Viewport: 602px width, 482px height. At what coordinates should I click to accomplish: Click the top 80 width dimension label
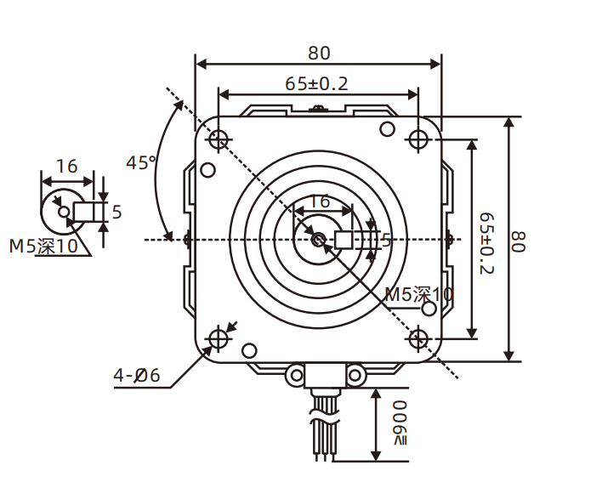(x=319, y=53)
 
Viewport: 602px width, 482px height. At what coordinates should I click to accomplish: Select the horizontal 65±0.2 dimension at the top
(x=316, y=83)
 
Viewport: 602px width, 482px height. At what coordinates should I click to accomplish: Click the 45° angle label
(x=140, y=162)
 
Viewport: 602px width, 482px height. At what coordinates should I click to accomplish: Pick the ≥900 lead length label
(x=400, y=422)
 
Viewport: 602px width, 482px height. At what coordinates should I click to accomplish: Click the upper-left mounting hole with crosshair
(x=219, y=139)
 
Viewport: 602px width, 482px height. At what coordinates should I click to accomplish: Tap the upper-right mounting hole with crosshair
(x=418, y=139)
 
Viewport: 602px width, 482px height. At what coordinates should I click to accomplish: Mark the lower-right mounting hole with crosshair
(x=418, y=338)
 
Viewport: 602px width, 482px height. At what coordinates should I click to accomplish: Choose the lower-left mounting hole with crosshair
(x=219, y=338)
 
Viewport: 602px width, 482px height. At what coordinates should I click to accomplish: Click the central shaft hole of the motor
(x=318, y=240)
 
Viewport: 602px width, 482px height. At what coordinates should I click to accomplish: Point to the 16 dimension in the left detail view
(x=66, y=167)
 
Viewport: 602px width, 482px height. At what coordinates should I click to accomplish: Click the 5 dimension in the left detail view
(x=116, y=212)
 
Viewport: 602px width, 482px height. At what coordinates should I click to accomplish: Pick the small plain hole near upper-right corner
(x=387, y=128)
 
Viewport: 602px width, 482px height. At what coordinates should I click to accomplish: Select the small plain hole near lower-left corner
(x=249, y=349)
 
